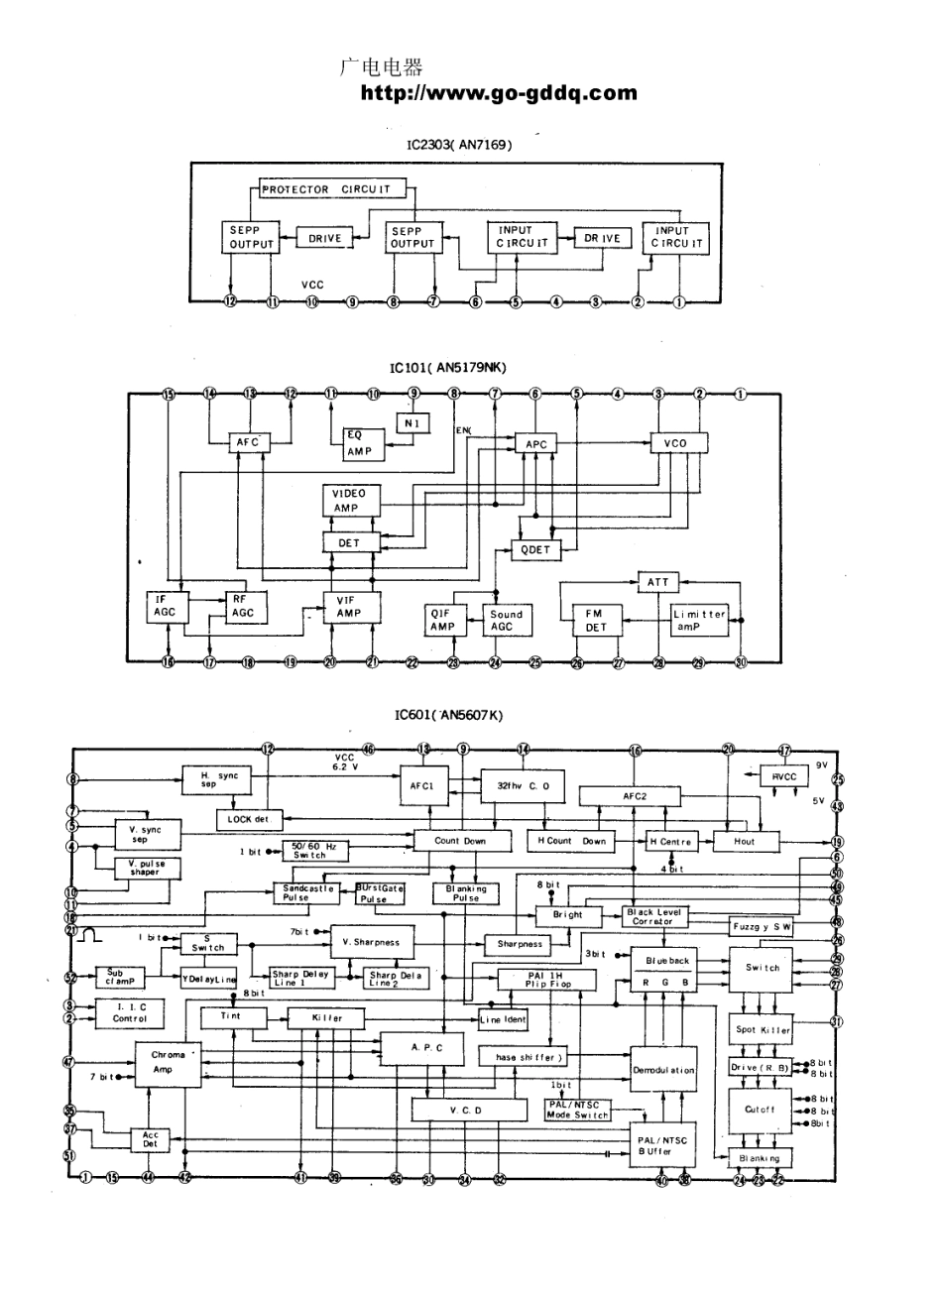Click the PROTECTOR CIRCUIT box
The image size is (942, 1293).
click(x=325, y=189)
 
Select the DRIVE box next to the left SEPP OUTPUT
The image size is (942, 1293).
click(x=324, y=238)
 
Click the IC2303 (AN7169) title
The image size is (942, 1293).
click(x=459, y=145)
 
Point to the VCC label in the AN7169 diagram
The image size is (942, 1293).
click(x=312, y=285)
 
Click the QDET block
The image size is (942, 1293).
click(x=535, y=550)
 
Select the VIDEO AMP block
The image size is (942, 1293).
click(x=349, y=501)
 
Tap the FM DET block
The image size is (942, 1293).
click(x=595, y=621)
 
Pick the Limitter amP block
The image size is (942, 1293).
click(x=699, y=621)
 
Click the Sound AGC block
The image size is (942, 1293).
click(x=507, y=621)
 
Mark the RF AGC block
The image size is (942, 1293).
click(x=243, y=606)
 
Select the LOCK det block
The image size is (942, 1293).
click(x=250, y=820)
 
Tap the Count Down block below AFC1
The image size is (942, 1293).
click(x=461, y=841)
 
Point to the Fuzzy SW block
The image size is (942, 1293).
click(x=762, y=926)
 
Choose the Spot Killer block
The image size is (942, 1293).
click(x=762, y=1029)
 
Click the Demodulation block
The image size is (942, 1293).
click(x=663, y=1071)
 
